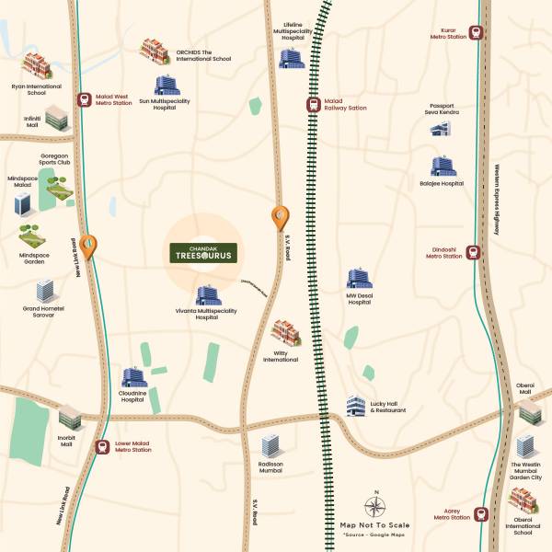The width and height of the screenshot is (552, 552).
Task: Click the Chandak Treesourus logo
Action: [205, 251]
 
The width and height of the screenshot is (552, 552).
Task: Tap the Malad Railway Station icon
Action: [314, 104]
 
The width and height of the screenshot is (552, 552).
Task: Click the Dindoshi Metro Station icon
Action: [476, 251]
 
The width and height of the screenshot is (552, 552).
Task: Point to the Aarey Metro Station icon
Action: [479, 514]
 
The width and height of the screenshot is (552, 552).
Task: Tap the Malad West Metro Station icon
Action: [86, 98]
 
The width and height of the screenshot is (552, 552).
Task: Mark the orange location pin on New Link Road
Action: [88, 247]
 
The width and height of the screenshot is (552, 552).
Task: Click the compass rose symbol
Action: [374, 505]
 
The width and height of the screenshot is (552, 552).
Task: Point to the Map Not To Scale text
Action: [375, 524]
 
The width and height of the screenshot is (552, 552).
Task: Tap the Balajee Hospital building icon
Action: [441, 166]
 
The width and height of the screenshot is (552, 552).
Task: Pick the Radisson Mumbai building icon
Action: [270, 446]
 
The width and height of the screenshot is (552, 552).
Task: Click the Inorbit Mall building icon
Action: [69, 419]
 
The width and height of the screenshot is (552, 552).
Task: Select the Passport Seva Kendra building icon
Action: [440, 128]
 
